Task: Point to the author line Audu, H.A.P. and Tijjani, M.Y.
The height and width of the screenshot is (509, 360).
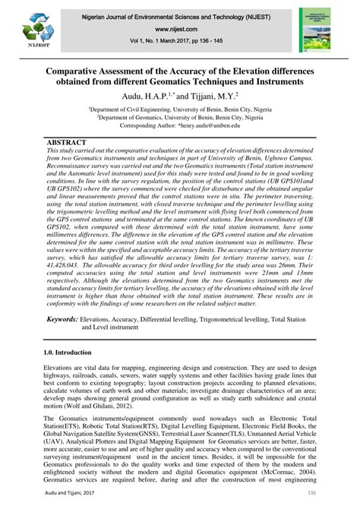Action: point(179,97)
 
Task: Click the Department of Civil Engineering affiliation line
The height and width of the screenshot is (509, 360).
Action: point(179,110)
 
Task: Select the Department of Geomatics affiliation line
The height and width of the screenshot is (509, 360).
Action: point(179,119)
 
